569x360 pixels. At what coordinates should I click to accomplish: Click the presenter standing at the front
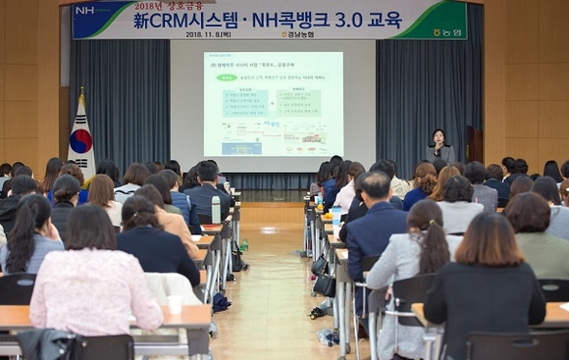tap(439, 149)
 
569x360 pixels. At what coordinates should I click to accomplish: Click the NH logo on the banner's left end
tap(86, 11)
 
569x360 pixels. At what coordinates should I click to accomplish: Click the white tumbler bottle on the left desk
tap(216, 209)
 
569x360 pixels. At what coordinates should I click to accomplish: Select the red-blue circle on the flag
tap(79, 139)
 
